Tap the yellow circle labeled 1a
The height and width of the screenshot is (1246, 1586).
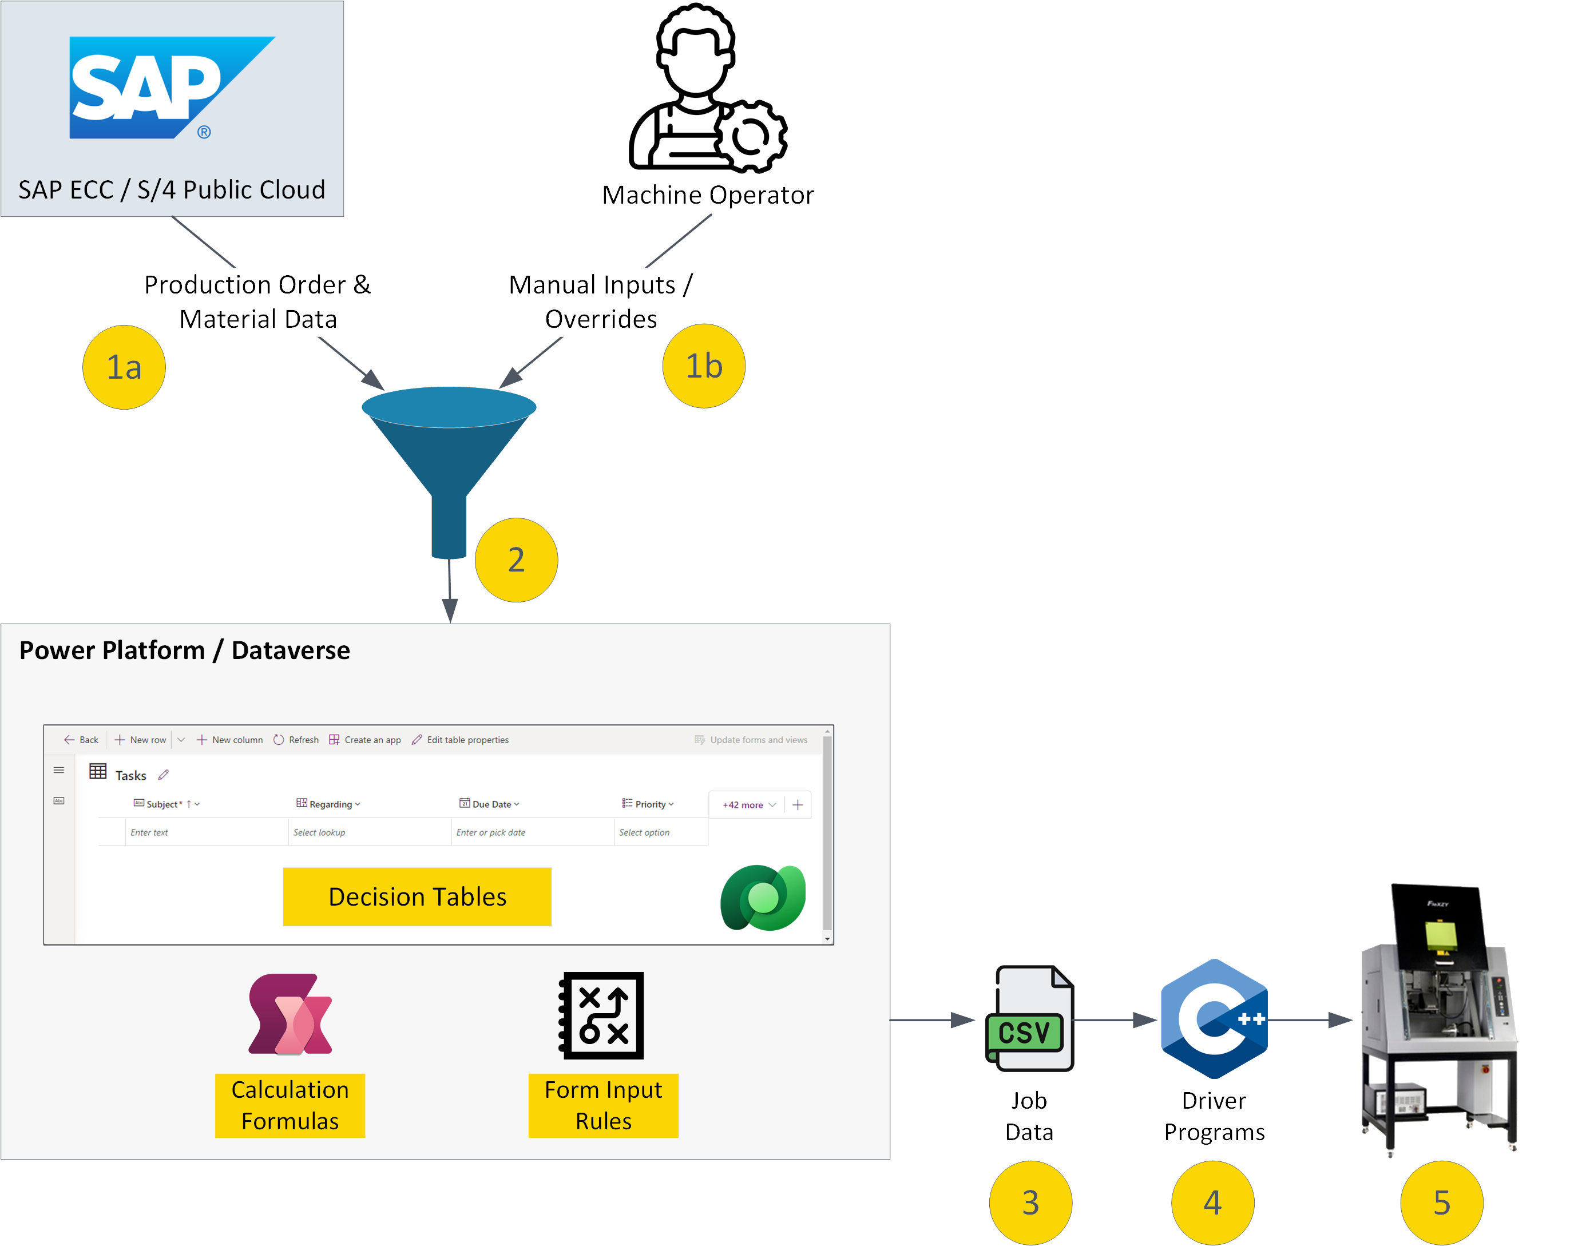coord(124,367)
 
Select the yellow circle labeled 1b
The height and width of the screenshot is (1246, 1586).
coord(703,366)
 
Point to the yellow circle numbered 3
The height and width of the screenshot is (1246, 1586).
coord(1030,1202)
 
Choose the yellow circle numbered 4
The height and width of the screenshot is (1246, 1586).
coord(1212,1202)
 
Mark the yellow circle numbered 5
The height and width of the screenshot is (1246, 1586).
coord(1442,1202)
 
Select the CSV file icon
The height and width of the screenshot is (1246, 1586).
coord(1029,1019)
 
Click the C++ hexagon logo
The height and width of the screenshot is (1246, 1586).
coord(1214,1019)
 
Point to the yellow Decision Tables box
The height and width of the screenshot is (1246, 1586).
coord(417,896)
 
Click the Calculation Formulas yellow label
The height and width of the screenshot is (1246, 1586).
coord(290,1105)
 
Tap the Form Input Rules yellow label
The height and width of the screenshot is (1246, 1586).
coord(603,1105)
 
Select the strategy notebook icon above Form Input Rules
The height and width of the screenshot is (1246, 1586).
coord(602,1015)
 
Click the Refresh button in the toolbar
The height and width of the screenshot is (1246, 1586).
coord(296,740)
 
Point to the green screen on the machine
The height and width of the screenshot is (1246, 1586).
coord(1440,936)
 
